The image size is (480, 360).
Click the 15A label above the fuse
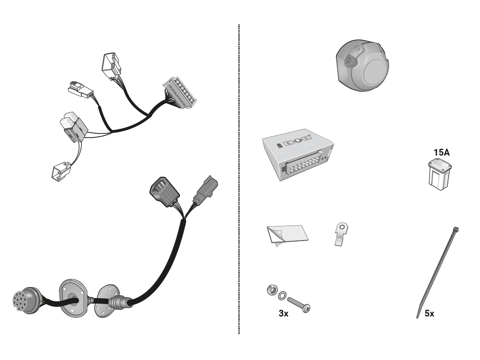coord(442,152)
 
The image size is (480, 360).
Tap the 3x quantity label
coord(284,314)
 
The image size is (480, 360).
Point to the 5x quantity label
coord(429,314)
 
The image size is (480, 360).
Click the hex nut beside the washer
coord(272,290)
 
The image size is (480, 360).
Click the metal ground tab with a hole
coord(341,234)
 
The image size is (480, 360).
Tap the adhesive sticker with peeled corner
coord(287,234)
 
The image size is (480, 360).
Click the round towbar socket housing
coord(362,65)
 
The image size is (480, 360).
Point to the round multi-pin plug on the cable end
coord(26,300)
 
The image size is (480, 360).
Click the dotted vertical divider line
coord(239,179)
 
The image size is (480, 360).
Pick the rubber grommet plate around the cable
coord(74,298)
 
